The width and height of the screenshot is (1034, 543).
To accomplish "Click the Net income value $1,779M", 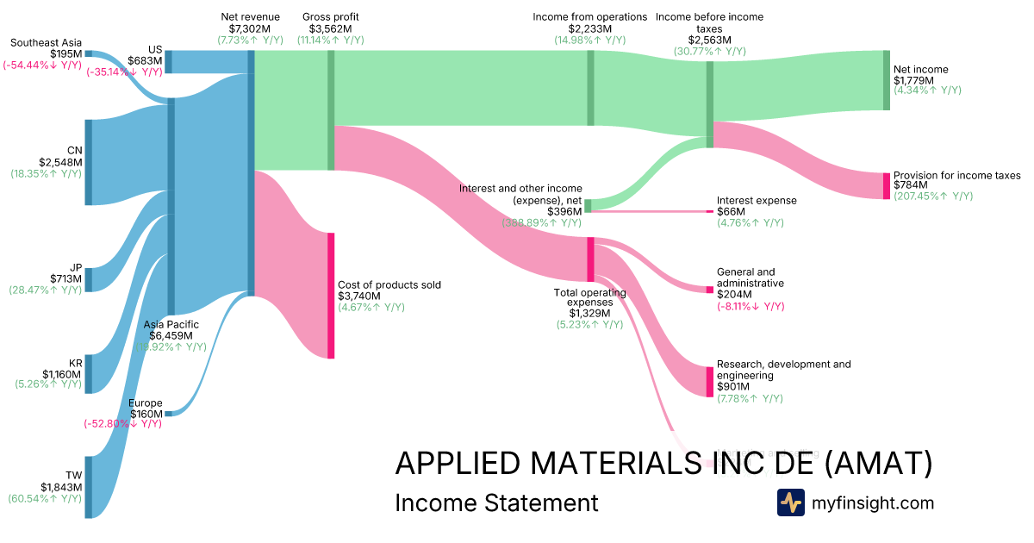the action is click(x=913, y=80).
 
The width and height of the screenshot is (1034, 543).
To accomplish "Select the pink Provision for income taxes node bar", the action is click(x=886, y=186).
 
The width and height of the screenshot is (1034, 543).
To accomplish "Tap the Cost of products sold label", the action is click(x=389, y=285).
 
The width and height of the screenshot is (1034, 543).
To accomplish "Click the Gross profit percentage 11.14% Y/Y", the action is click(x=331, y=40).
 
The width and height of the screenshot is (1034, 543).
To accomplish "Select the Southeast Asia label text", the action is click(x=46, y=42).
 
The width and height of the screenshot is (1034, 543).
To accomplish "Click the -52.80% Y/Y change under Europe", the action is click(x=122, y=423).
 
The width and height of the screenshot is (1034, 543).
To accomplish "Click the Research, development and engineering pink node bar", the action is click(x=710, y=382).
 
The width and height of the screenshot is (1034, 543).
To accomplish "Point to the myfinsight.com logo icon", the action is click(x=790, y=502).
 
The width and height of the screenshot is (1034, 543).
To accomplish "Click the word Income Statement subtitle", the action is click(x=496, y=502).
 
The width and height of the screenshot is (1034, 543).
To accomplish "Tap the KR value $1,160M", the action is click(x=62, y=375).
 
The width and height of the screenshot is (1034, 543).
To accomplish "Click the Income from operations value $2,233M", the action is click(x=589, y=28).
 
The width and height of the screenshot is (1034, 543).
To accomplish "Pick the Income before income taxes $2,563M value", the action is click(x=710, y=40).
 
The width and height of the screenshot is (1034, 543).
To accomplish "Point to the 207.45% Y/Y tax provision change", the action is click(x=933, y=196).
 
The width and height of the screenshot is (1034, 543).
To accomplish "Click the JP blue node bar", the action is click(x=88, y=280).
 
